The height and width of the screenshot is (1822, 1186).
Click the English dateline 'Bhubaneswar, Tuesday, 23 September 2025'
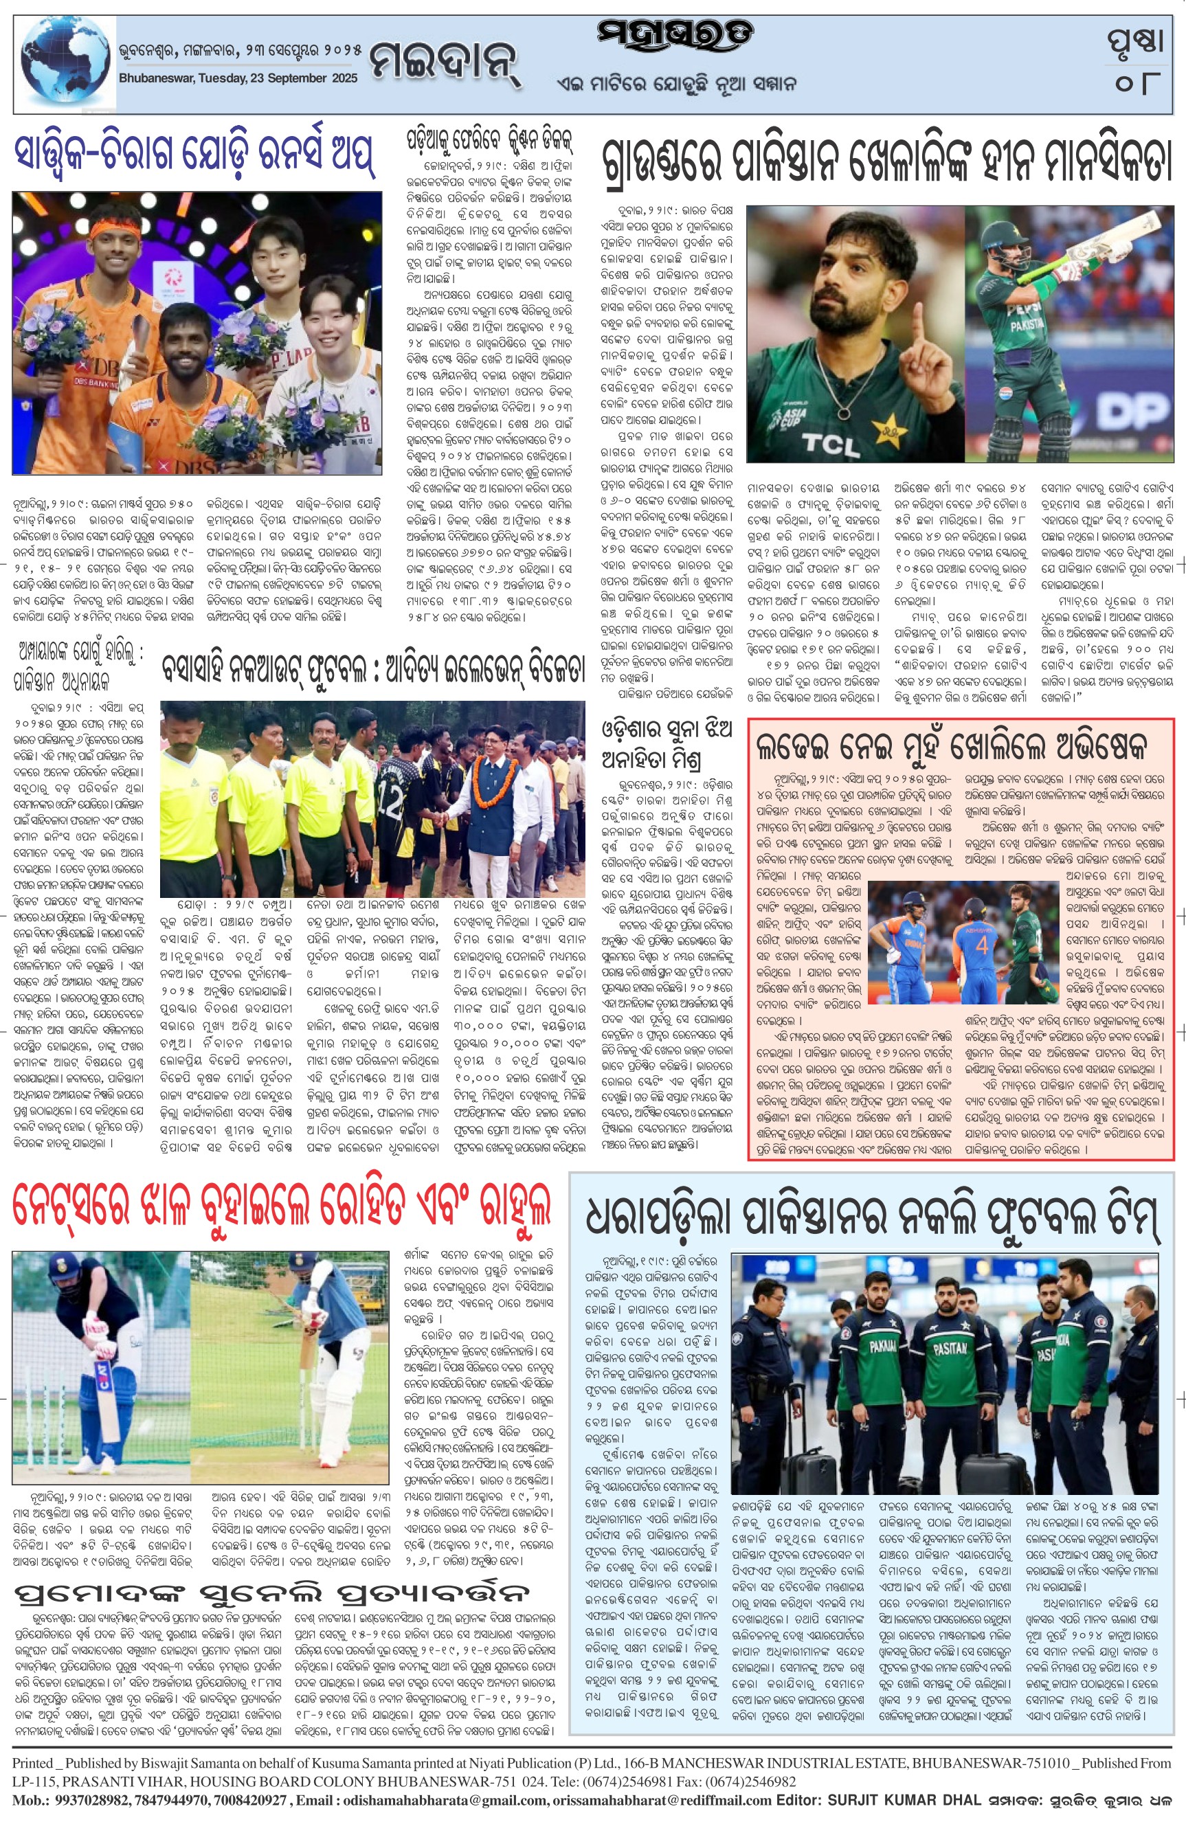[238, 78]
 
